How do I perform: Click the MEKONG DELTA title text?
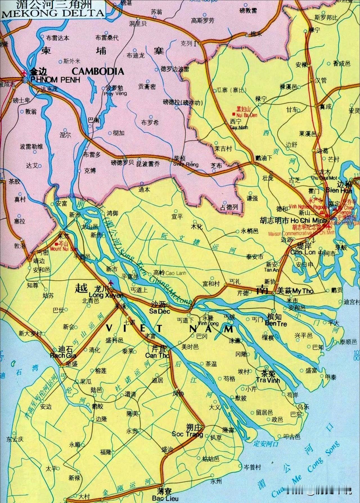[x=53, y=13]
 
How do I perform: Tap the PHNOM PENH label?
[x=55, y=80]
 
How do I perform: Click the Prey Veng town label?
[x=115, y=94]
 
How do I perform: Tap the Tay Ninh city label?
[x=237, y=127]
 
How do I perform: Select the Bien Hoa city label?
[x=339, y=190]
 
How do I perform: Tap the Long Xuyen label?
[x=106, y=295]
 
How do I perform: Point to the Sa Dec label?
[x=159, y=311]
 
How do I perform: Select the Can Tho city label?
[x=157, y=355]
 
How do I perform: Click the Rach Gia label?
[x=63, y=355]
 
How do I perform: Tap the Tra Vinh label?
[x=268, y=380]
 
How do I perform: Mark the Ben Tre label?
[x=276, y=323]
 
